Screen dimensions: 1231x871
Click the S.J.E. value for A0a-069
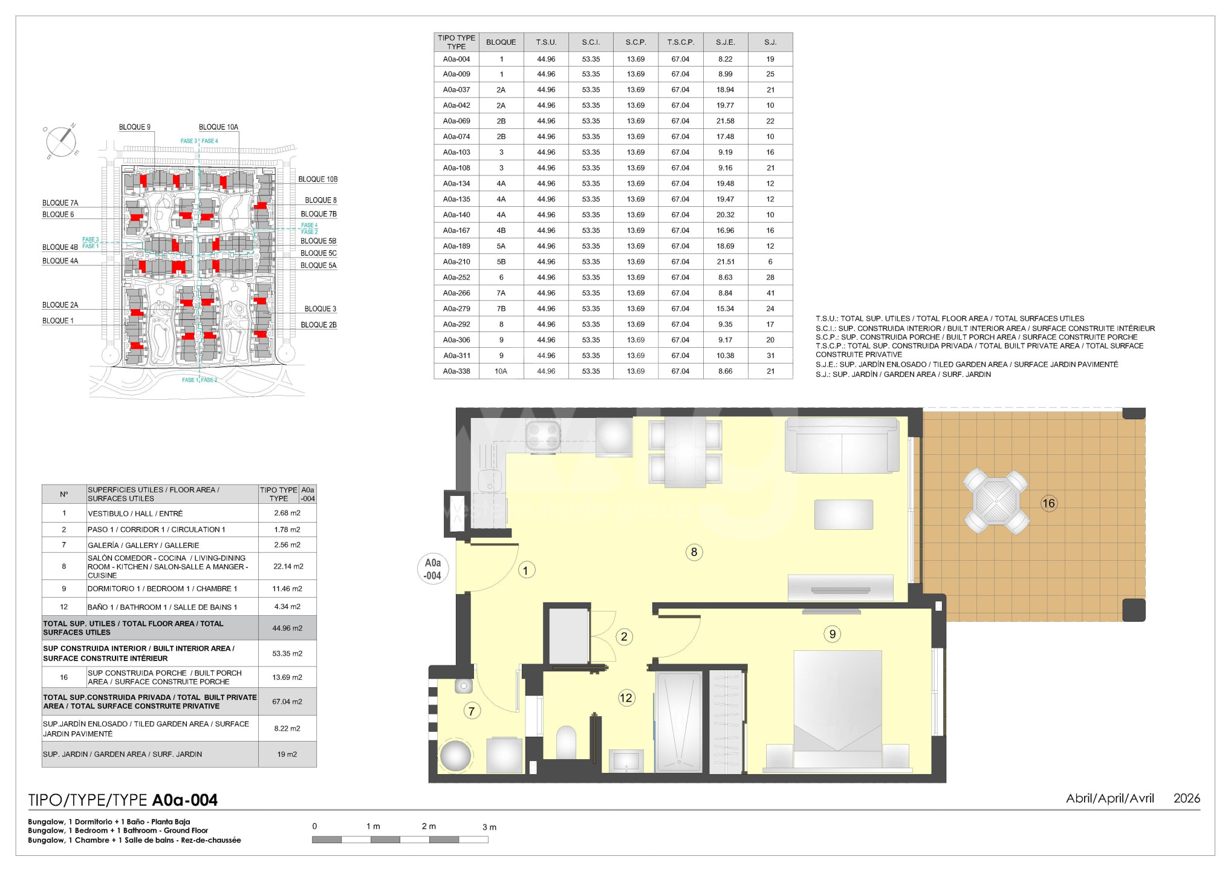click(x=725, y=121)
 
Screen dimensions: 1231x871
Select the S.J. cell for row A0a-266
click(x=770, y=293)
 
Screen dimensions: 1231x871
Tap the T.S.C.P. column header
click(x=681, y=42)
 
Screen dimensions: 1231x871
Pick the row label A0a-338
click(x=456, y=371)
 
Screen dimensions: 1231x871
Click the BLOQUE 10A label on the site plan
click(x=218, y=127)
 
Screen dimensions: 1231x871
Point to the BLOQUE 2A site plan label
click(x=60, y=305)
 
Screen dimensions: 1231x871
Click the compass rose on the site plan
click(x=61, y=142)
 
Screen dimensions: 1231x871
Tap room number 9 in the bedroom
click(x=833, y=634)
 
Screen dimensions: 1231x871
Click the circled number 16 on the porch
click(x=1048, y=503)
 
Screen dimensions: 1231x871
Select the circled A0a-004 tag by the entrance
click(x=433, y=569)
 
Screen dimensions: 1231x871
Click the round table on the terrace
click(x=996, y=501)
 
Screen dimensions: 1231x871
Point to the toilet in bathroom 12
click(x=566, y=742)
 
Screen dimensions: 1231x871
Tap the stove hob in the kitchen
click(x=542, y=435)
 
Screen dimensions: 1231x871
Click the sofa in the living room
click(x=842, y=445)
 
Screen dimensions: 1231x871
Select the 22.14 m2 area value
click(x=288, y=567)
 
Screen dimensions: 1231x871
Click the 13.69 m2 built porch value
click(x=287, y=677)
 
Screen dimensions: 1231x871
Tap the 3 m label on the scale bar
click(x=489, y=827)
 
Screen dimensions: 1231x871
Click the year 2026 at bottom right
click(x=1186, y=798)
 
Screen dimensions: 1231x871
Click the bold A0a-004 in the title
click(x=185, y=800)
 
